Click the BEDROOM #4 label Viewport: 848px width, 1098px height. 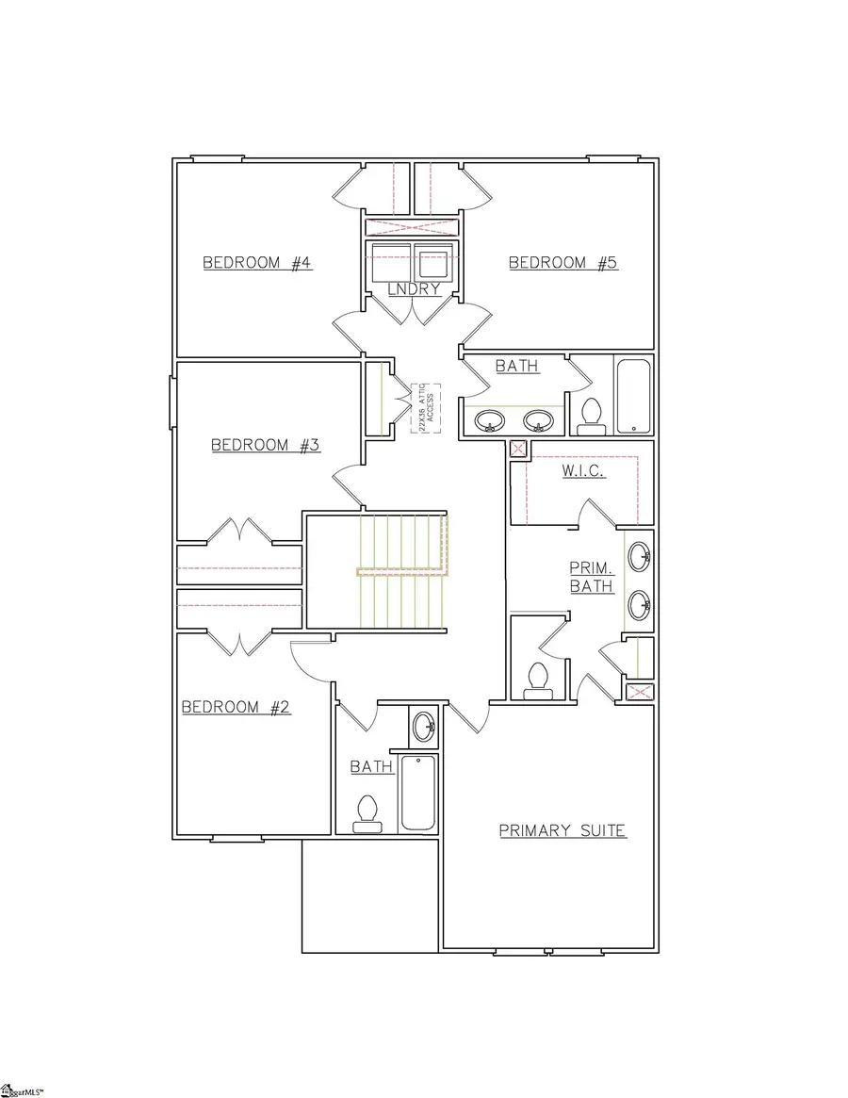pos(257,263)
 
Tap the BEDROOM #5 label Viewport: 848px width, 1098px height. pos(563,263)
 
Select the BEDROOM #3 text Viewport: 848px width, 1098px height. pos(265,445)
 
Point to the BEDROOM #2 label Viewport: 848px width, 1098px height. pos(236,707)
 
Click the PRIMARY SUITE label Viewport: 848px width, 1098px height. pos(563,830)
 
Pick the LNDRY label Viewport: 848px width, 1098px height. pos(415,289)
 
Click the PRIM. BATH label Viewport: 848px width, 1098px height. pos(592,577)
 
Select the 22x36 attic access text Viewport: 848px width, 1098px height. pos(420,408)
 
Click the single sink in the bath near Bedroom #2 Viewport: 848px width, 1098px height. pos(424,726)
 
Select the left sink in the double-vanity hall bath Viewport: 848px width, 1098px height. pos(489,420)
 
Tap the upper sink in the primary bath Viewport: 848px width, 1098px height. pos(639,554)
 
